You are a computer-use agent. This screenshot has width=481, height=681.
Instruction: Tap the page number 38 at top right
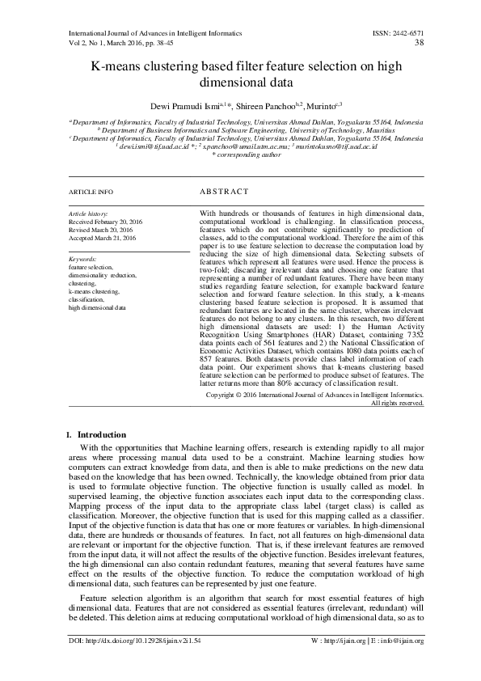point(419,44)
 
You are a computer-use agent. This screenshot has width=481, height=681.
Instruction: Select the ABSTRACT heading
point(222,193)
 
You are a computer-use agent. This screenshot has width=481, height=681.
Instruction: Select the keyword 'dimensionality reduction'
point(103,276)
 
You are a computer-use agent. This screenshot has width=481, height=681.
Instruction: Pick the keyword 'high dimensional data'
point(97,308)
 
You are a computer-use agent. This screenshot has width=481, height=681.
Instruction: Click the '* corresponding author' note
point(240,154)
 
